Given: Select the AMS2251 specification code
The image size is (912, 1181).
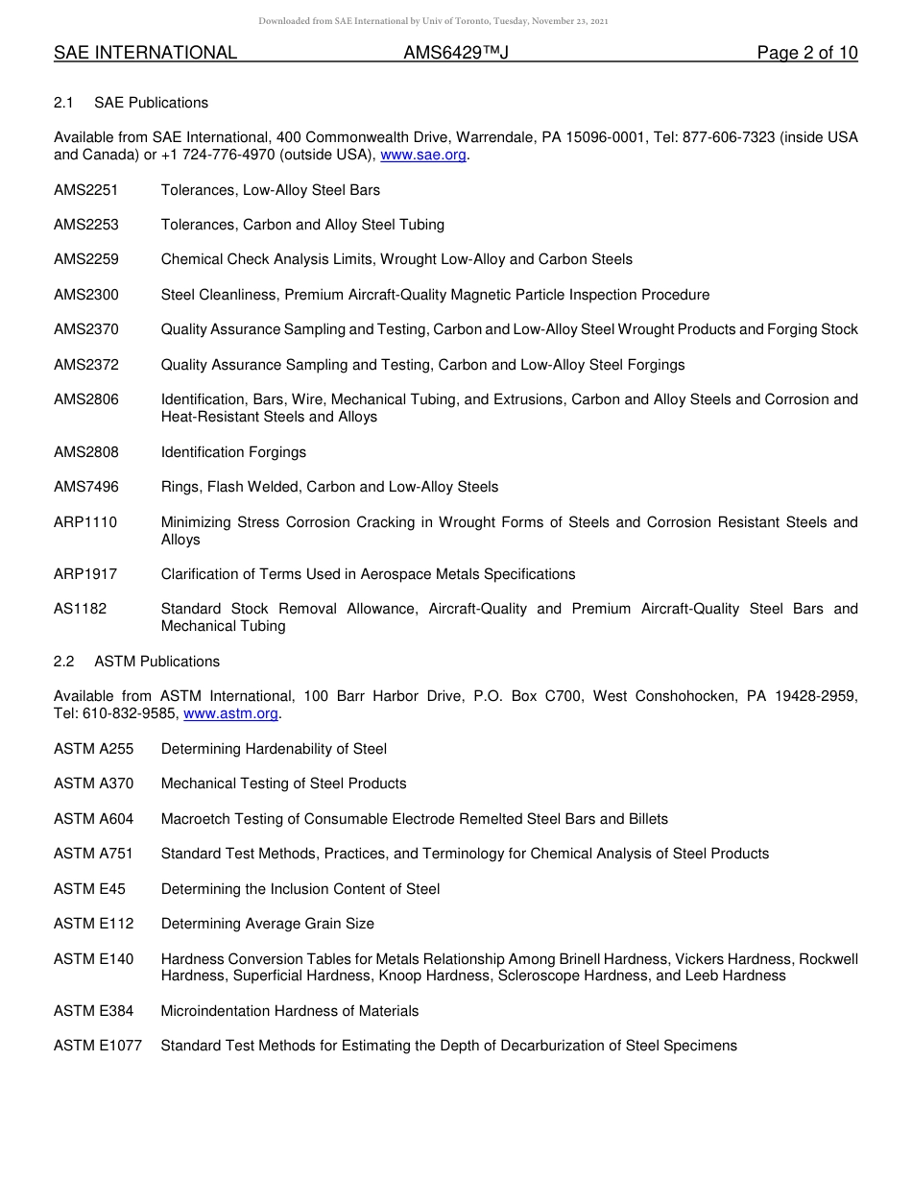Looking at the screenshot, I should point(86,190).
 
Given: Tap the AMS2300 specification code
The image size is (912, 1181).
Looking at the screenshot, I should point(86,295).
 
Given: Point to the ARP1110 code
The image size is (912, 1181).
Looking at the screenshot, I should point(85,522).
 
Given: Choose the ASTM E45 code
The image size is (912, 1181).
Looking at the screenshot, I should point(89,889).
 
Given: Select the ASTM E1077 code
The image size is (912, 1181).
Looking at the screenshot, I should point(98,1046).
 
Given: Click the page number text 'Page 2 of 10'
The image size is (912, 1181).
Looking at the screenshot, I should point(806,53).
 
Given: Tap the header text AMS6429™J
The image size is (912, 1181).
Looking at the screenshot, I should point(455,53).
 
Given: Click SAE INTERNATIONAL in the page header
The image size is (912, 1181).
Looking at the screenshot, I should point(145,53).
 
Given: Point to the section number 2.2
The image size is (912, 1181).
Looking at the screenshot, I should point(64,662).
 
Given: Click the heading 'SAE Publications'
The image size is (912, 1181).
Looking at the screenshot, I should point(151,103).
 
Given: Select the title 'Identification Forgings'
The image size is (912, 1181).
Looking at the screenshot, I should point(233,452).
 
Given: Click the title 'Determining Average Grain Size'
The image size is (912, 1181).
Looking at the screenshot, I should point(268,924).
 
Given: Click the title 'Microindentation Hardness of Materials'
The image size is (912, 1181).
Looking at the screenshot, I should point(290,1011).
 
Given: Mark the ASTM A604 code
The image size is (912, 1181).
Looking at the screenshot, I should point(94,819).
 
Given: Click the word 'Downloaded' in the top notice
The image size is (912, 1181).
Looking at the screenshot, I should point(285,21).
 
